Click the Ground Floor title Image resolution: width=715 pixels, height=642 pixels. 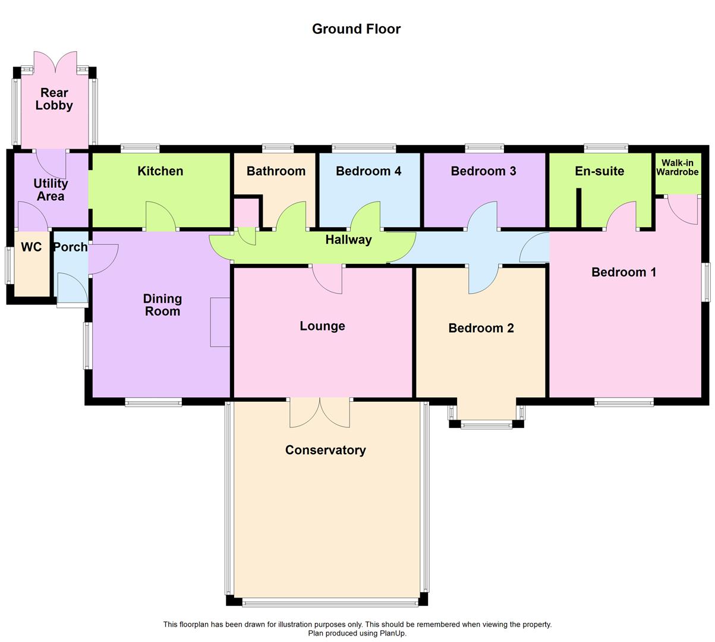(356, 29)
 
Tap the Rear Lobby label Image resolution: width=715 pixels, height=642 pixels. (54, 99)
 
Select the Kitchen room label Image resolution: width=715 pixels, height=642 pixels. (160, 171)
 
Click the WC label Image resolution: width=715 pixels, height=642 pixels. (32, 247)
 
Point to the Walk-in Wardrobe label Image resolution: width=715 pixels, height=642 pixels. (677, 168)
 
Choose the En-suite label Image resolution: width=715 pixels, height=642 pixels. (599, 171)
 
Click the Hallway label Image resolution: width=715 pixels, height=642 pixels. (348, 240)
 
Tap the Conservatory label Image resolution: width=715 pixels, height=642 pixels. (325, 450)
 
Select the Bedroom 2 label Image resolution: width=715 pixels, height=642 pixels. (481, 328)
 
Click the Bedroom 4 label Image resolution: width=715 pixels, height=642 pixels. (368, 171)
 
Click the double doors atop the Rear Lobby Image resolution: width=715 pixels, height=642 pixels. (55, 62)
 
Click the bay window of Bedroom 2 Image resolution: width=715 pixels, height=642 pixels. (487, 424)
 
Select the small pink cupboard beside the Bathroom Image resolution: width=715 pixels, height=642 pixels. (246, 213)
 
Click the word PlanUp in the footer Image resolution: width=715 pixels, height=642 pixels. (393, 633)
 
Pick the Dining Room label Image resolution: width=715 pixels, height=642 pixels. (162, 305)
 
